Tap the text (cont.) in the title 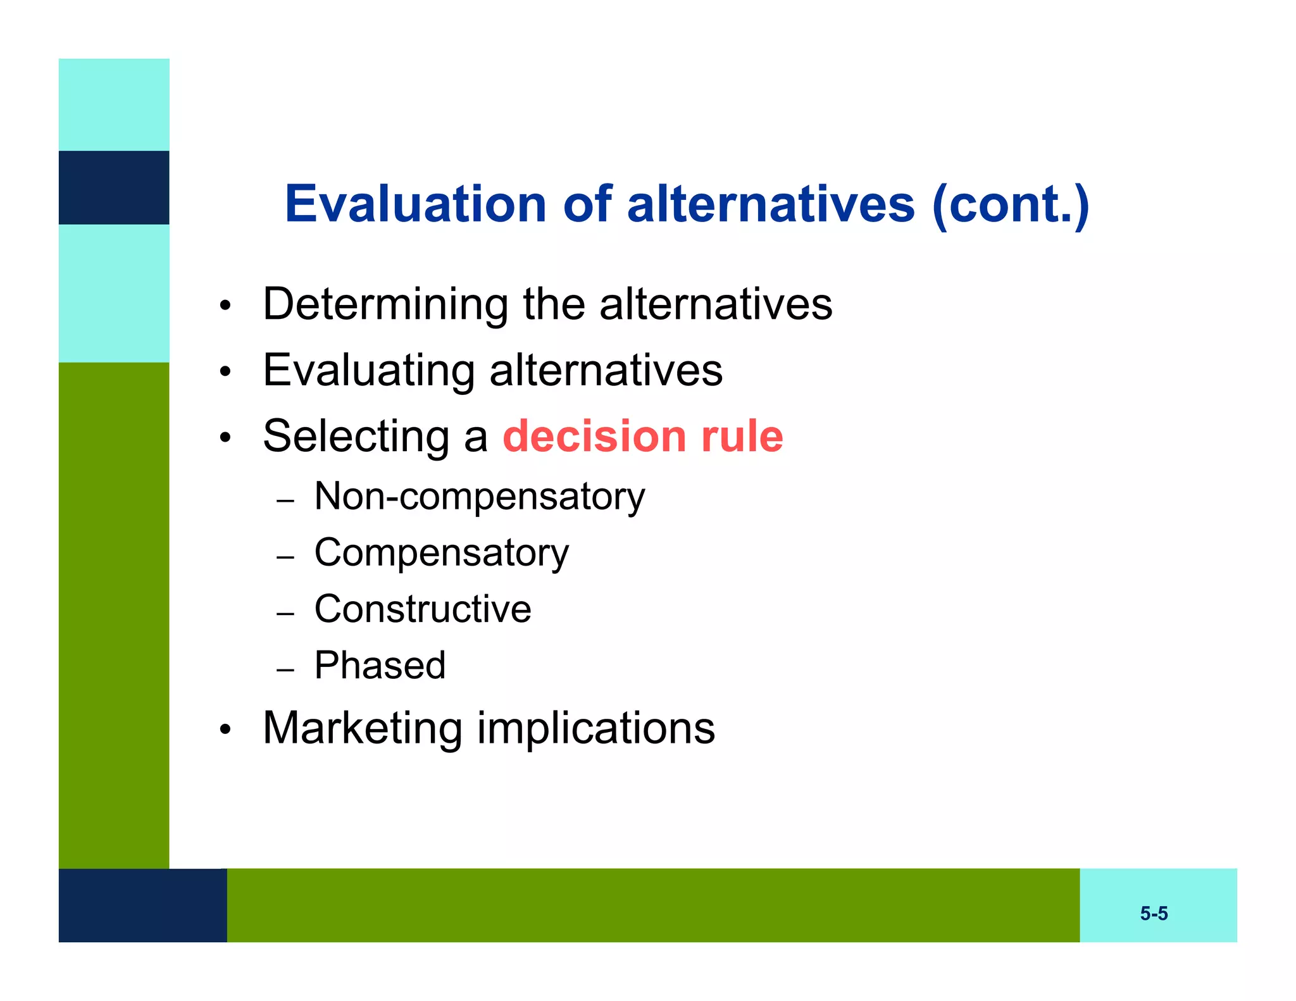[1010, 205]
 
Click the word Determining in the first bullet [385, 305]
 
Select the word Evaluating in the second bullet [369, 371]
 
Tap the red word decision [594, 437]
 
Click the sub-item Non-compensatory [479, 497]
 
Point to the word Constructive [422, 609]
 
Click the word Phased [380, 666]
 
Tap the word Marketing [362, 729]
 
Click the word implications [595, 729]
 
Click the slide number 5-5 [1153, 913]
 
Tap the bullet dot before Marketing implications [225, 730]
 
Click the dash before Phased [285, 669]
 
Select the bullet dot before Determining [225, 307]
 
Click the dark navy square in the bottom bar [142, 905]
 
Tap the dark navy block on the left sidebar [114, 187]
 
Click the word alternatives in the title [770, 204]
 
